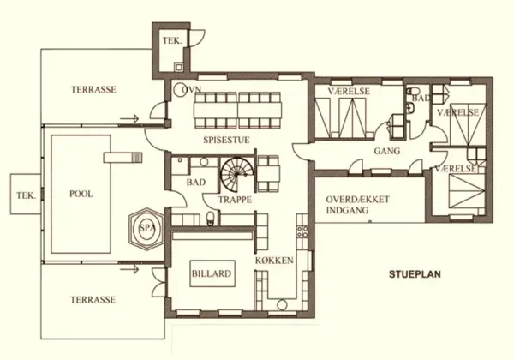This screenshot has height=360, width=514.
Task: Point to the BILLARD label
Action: point(210,274)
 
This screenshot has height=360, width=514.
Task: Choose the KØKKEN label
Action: point(275,260)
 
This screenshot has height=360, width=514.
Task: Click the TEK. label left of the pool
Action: point(24,195)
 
